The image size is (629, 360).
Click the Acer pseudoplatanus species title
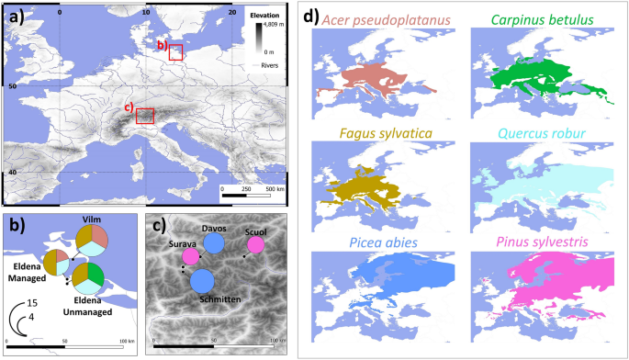[x=388, y=18]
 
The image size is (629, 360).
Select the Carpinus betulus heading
[x=543, y=18]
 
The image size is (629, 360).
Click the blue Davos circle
[x=214, y=243]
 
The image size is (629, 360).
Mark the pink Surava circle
[x=191, y=257]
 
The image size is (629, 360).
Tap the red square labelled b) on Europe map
[x=175, y=53]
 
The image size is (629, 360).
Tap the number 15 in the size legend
[x=31, y=302]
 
